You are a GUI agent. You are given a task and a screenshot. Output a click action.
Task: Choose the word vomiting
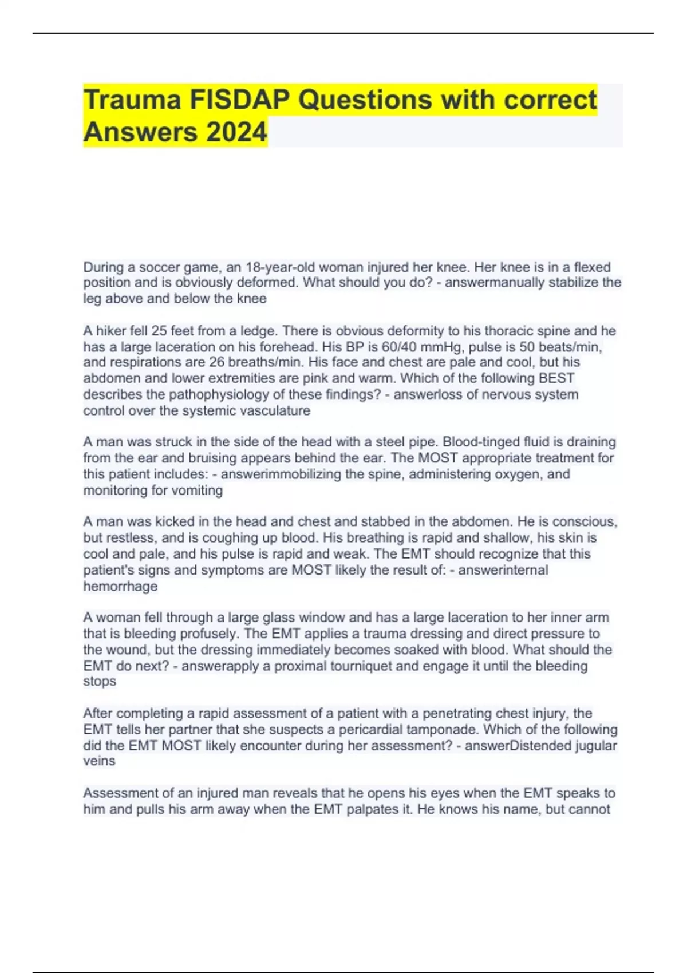(195, 490)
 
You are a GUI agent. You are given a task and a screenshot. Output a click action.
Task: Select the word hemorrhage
(120, 586)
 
